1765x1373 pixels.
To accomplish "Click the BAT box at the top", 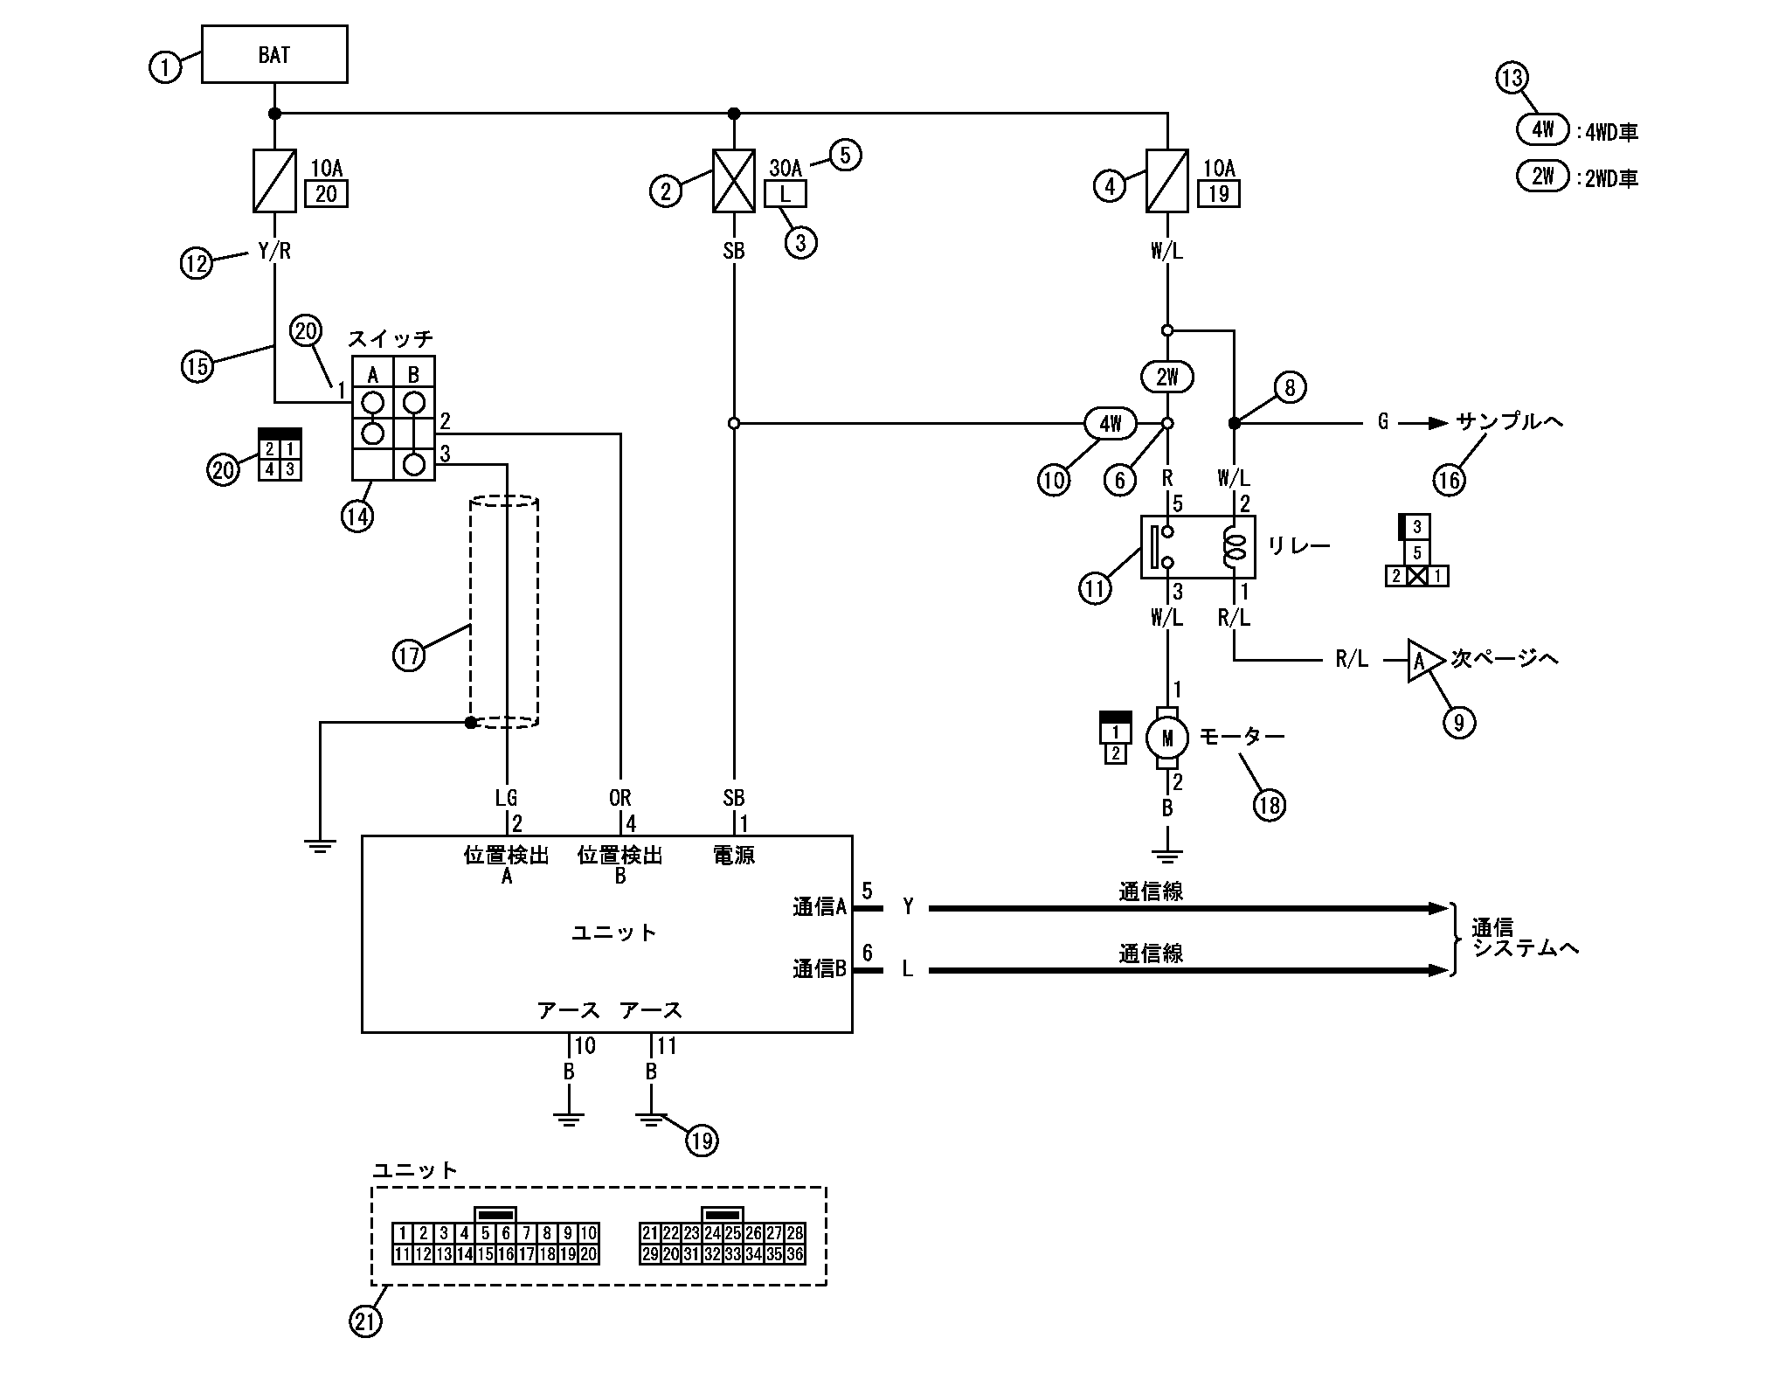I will [x=274, y=54].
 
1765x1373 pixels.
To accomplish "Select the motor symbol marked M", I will [x=1166, y=739].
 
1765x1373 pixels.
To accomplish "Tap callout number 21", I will [x=366, y=1321].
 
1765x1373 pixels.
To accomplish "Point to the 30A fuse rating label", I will [x=785, y=168].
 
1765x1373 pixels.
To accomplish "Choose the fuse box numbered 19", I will [x=1219, y=193].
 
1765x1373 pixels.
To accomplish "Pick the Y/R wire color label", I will [x=274, y=251].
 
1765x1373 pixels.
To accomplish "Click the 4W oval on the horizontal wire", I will [x=1110, y=424].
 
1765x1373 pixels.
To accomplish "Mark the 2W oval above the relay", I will [x=1167, y=378].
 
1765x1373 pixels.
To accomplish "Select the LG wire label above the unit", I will [x=506, y=797].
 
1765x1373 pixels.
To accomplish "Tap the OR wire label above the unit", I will [x=619, y=797].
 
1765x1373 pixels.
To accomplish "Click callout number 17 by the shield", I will [x=409, y=655].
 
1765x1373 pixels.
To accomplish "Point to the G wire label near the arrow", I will [x=1382, y=423].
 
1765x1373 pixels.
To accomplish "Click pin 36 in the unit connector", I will [x=793, y=1254].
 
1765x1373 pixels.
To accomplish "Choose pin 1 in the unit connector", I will [x=402, y=1233].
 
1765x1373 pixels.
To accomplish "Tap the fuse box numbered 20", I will [x=326, y=193].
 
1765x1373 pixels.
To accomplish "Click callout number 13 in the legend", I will [x=1511, y=78].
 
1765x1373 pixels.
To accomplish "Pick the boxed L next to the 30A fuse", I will [x=785, y=195].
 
